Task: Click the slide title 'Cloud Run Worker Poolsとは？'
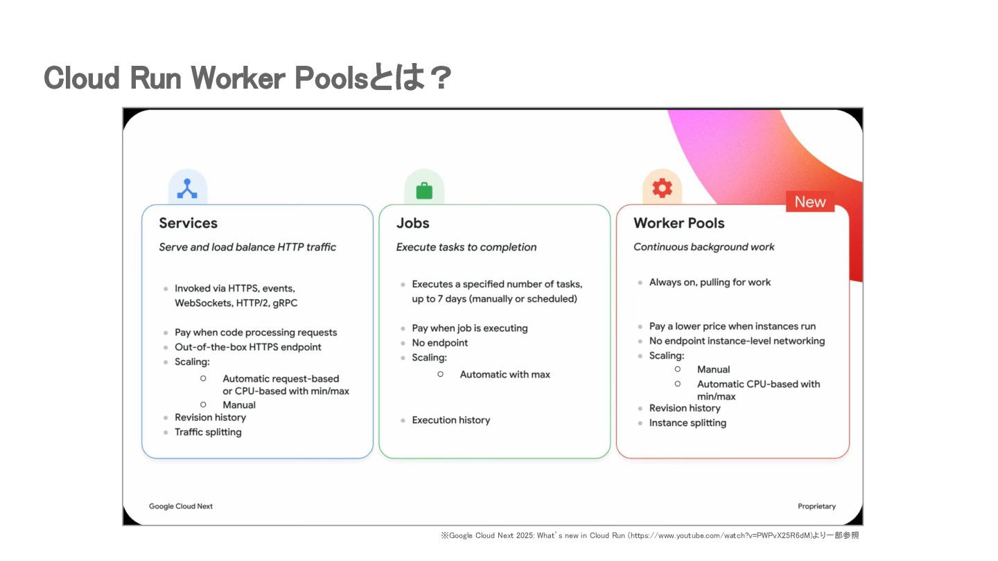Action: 247,78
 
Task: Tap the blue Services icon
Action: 187,188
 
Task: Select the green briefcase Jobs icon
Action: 424,190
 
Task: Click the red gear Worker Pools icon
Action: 662,188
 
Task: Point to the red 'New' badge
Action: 809,202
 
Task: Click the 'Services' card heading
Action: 188,223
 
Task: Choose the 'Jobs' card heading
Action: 412,223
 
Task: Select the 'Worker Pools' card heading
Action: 679,223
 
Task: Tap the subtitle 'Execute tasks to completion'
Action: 466,247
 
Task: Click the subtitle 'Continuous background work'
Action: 703,247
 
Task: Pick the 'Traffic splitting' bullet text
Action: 208,432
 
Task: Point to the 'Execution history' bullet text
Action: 450,420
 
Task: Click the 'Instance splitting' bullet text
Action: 688,423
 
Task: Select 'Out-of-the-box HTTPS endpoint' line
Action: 247,347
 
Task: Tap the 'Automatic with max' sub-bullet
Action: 505,375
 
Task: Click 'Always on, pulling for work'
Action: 710,283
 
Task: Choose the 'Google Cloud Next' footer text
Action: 181,506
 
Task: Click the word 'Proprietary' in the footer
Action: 816,506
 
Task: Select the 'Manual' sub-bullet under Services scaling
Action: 239,405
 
